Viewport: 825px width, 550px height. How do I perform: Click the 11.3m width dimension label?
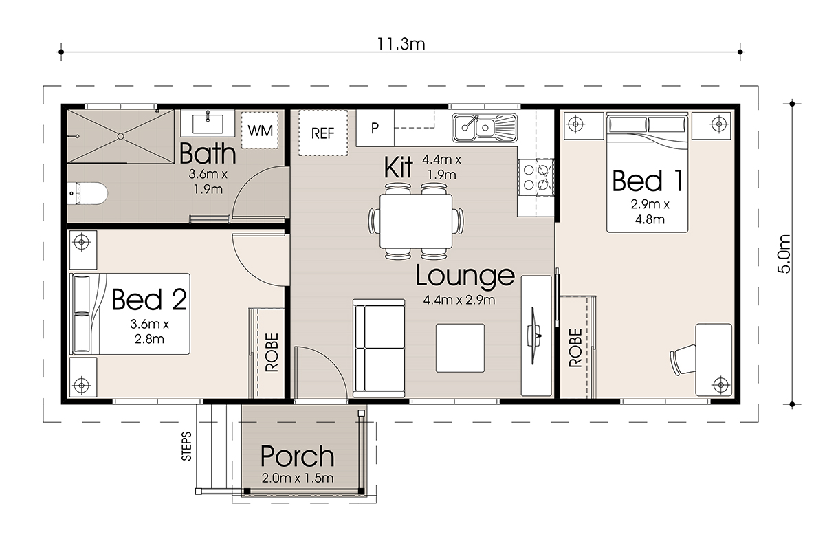[x=401, y=44]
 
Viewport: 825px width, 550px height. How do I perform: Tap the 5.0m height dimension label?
[x=784, y=254]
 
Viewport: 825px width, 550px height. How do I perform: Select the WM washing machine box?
[x=260, y=131]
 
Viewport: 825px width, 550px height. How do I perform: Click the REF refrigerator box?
[x=323, y=133]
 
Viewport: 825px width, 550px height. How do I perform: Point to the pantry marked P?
[x=375, y=128]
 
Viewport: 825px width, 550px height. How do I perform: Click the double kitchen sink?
[x=485, y=128]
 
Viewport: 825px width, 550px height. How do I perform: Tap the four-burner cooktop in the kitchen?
[x=536, y=177]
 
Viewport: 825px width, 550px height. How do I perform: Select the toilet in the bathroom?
[x=87, y=193]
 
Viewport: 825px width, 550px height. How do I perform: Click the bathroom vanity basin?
[x=208, y=124]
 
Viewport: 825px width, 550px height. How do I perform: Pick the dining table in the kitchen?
[x=416, y=221]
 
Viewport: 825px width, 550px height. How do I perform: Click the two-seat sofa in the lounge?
[x=379, y=348]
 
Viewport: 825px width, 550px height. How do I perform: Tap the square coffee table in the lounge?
[x=460, y=348]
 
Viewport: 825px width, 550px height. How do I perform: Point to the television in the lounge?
[x=533, y=336]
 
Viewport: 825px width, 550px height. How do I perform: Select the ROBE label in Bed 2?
[x=272, y=352]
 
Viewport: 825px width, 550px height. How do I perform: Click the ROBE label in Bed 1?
[x=575, y=348]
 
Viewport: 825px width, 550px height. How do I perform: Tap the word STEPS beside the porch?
[x=187, y=446]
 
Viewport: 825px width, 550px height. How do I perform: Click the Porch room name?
[x=297, y=456]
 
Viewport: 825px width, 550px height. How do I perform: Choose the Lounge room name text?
[x=465, y=276]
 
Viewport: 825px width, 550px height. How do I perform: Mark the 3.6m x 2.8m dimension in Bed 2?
[x=150, y=331]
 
